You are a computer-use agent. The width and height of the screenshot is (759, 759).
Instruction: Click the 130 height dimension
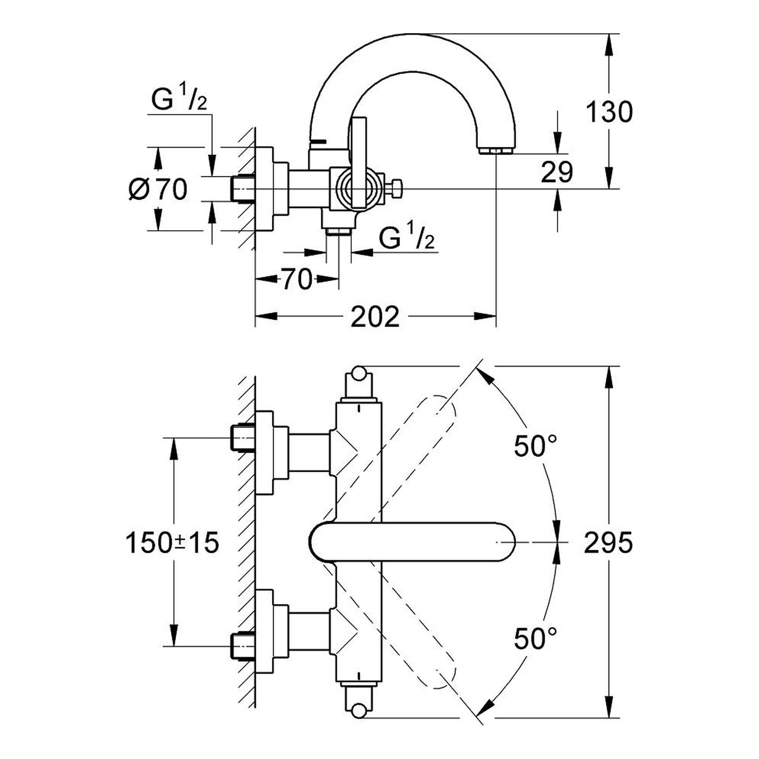[x=609, y=112]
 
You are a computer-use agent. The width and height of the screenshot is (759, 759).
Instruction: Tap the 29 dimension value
[x=557, y=172]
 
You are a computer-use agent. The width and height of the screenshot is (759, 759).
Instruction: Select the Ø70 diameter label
[x=158, y=189]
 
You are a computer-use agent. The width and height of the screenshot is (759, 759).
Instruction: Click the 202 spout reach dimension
[x=375, y=316]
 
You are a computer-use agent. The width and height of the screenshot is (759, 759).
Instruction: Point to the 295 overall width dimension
[x=608, y=542]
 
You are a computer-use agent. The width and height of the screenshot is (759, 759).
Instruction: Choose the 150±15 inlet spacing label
[x=172, y=542]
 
